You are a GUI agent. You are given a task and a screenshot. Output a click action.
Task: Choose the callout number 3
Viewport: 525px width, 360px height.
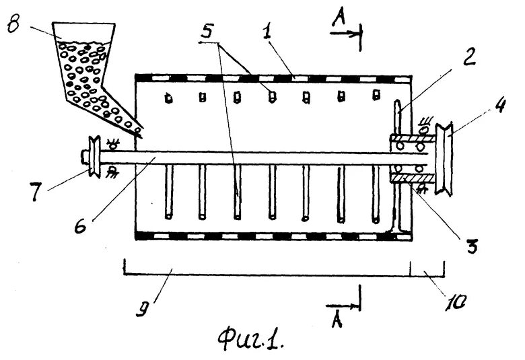tap(473, 245)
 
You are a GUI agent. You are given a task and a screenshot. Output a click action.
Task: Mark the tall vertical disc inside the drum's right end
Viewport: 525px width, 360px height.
tap(396, 168)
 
